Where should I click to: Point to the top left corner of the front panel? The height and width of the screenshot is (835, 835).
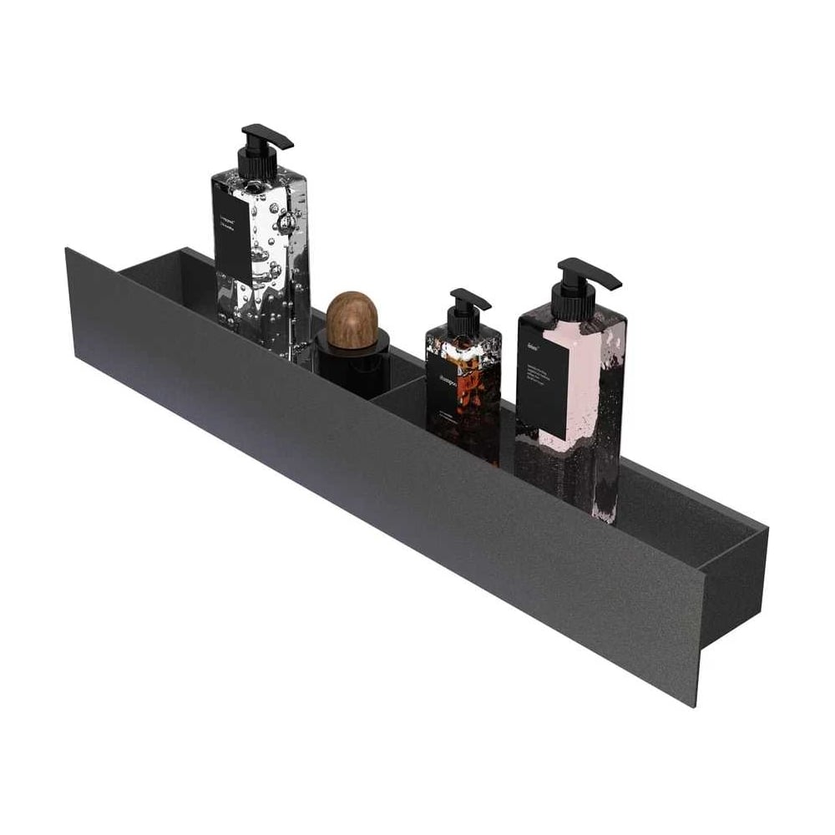(67, 250)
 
